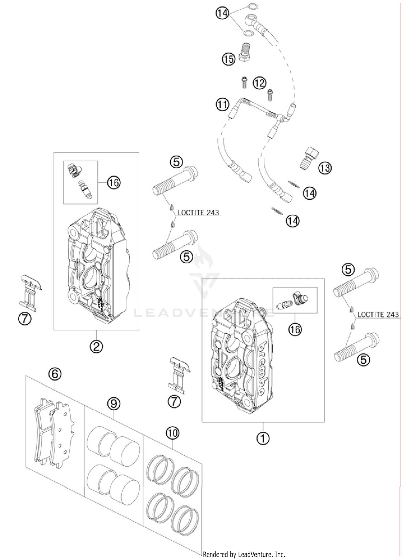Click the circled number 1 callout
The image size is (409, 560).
coord(263,438)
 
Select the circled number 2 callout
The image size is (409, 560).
coord(96,346)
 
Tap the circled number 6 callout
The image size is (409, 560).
coord(55,374)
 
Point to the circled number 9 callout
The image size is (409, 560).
coord(114,404)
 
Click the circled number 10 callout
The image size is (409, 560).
coord(173,433)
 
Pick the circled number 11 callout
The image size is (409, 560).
coord(222,104)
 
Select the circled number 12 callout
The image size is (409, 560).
coord(259,83)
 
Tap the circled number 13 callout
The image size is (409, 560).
coord(325,168)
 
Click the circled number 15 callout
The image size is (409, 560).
coord(228,58)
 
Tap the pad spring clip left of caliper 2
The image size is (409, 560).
coord(31,293)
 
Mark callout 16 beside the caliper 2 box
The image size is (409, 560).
coord(114,182)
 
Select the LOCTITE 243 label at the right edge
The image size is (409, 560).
coord(378,314)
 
